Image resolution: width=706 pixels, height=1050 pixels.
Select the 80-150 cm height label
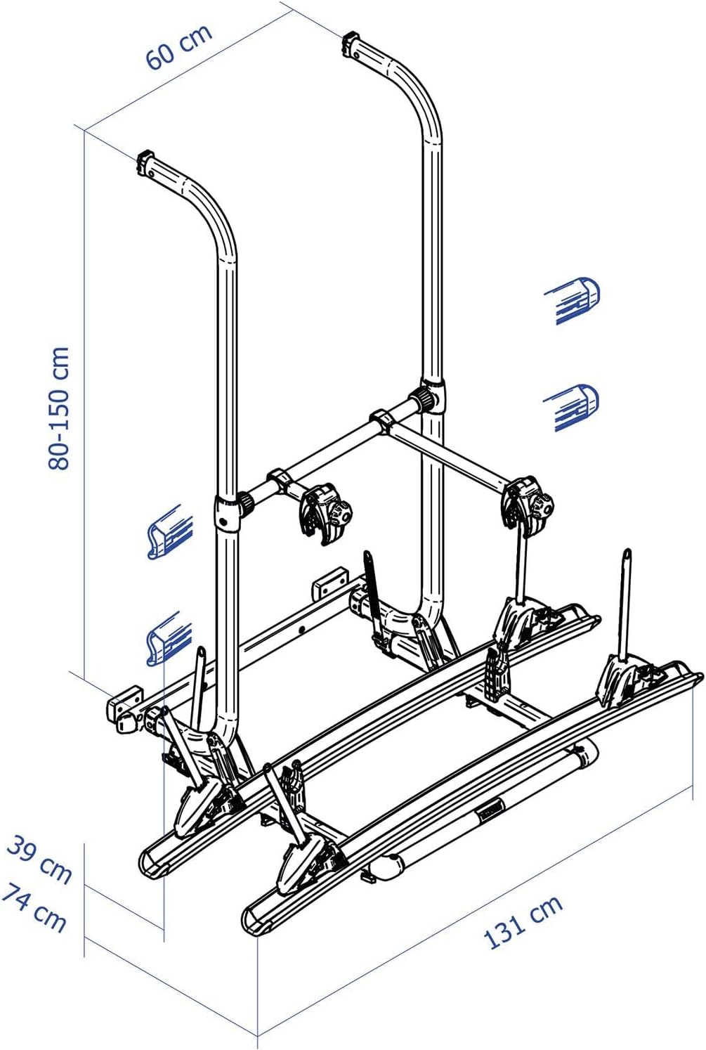pos(59,408)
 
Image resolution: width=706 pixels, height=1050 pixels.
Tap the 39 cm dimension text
pos(39,859)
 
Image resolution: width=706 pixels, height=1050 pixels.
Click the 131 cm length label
pos(523,921)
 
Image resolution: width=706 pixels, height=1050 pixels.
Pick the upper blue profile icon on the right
pos(573,299)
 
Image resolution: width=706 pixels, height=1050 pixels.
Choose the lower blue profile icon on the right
pos(573,407)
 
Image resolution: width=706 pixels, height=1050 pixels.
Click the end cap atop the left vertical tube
pos(147,162)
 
